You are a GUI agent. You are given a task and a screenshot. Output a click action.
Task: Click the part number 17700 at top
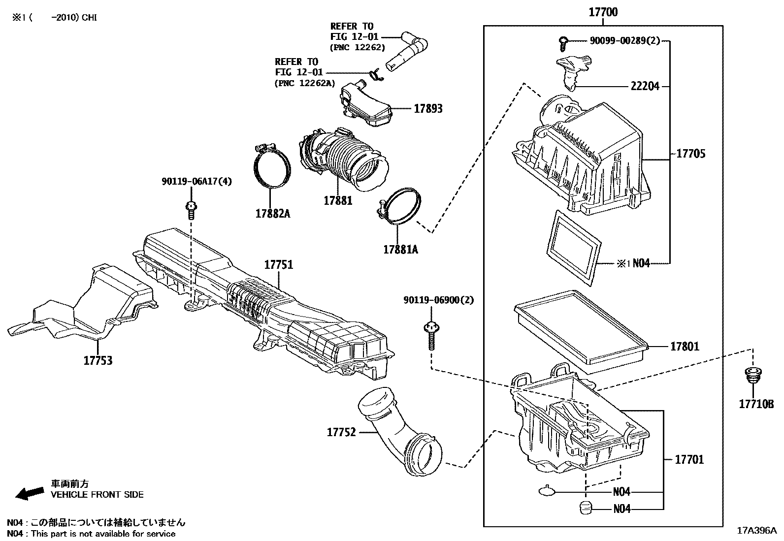click(x=603, y=12)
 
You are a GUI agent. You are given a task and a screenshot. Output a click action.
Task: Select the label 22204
click(x=645, y=87)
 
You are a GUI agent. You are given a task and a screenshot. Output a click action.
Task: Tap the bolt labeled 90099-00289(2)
click(x=563, y=43)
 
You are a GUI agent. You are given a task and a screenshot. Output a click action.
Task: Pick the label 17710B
click(x=756, y=404)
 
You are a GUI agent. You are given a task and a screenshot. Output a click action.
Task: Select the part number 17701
click(x=689, y=459)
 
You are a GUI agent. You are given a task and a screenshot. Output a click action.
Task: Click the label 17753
click(x=98, y=360)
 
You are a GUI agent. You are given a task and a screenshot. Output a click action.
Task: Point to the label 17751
click(x=278, y=265)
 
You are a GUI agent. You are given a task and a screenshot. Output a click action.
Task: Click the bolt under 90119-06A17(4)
click(x=191, y=210)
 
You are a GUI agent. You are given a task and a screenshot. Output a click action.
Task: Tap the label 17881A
click(x=400, y=249)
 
